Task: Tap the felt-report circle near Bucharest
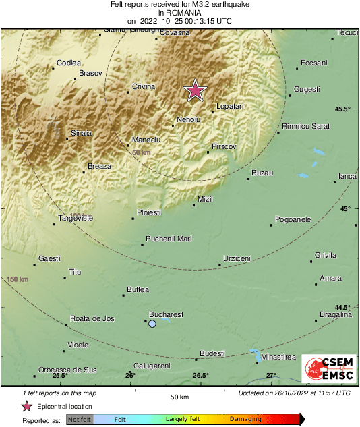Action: pyautogui.click(x=152, y=324)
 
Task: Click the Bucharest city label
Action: pyautogui.click(x=166, y=314)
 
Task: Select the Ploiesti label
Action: pyautogui.click(x=149, y=212)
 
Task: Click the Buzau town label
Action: pyautogui.click(x=262, y=173)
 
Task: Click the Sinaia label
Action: pyautogui.click(x=81, y=133)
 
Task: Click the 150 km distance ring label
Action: pyautogui.click(x=18, y=279)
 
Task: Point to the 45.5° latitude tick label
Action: pyautogui.click(x=343, y=109)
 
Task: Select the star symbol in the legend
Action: pyautogui.click(x=27, y=406)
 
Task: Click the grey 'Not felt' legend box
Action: pyautogui.click(x=80, y=420)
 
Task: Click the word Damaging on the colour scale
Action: pyautogui.click(x=245, y=420)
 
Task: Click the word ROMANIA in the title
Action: pyautogui.click(x=180, y=12)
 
